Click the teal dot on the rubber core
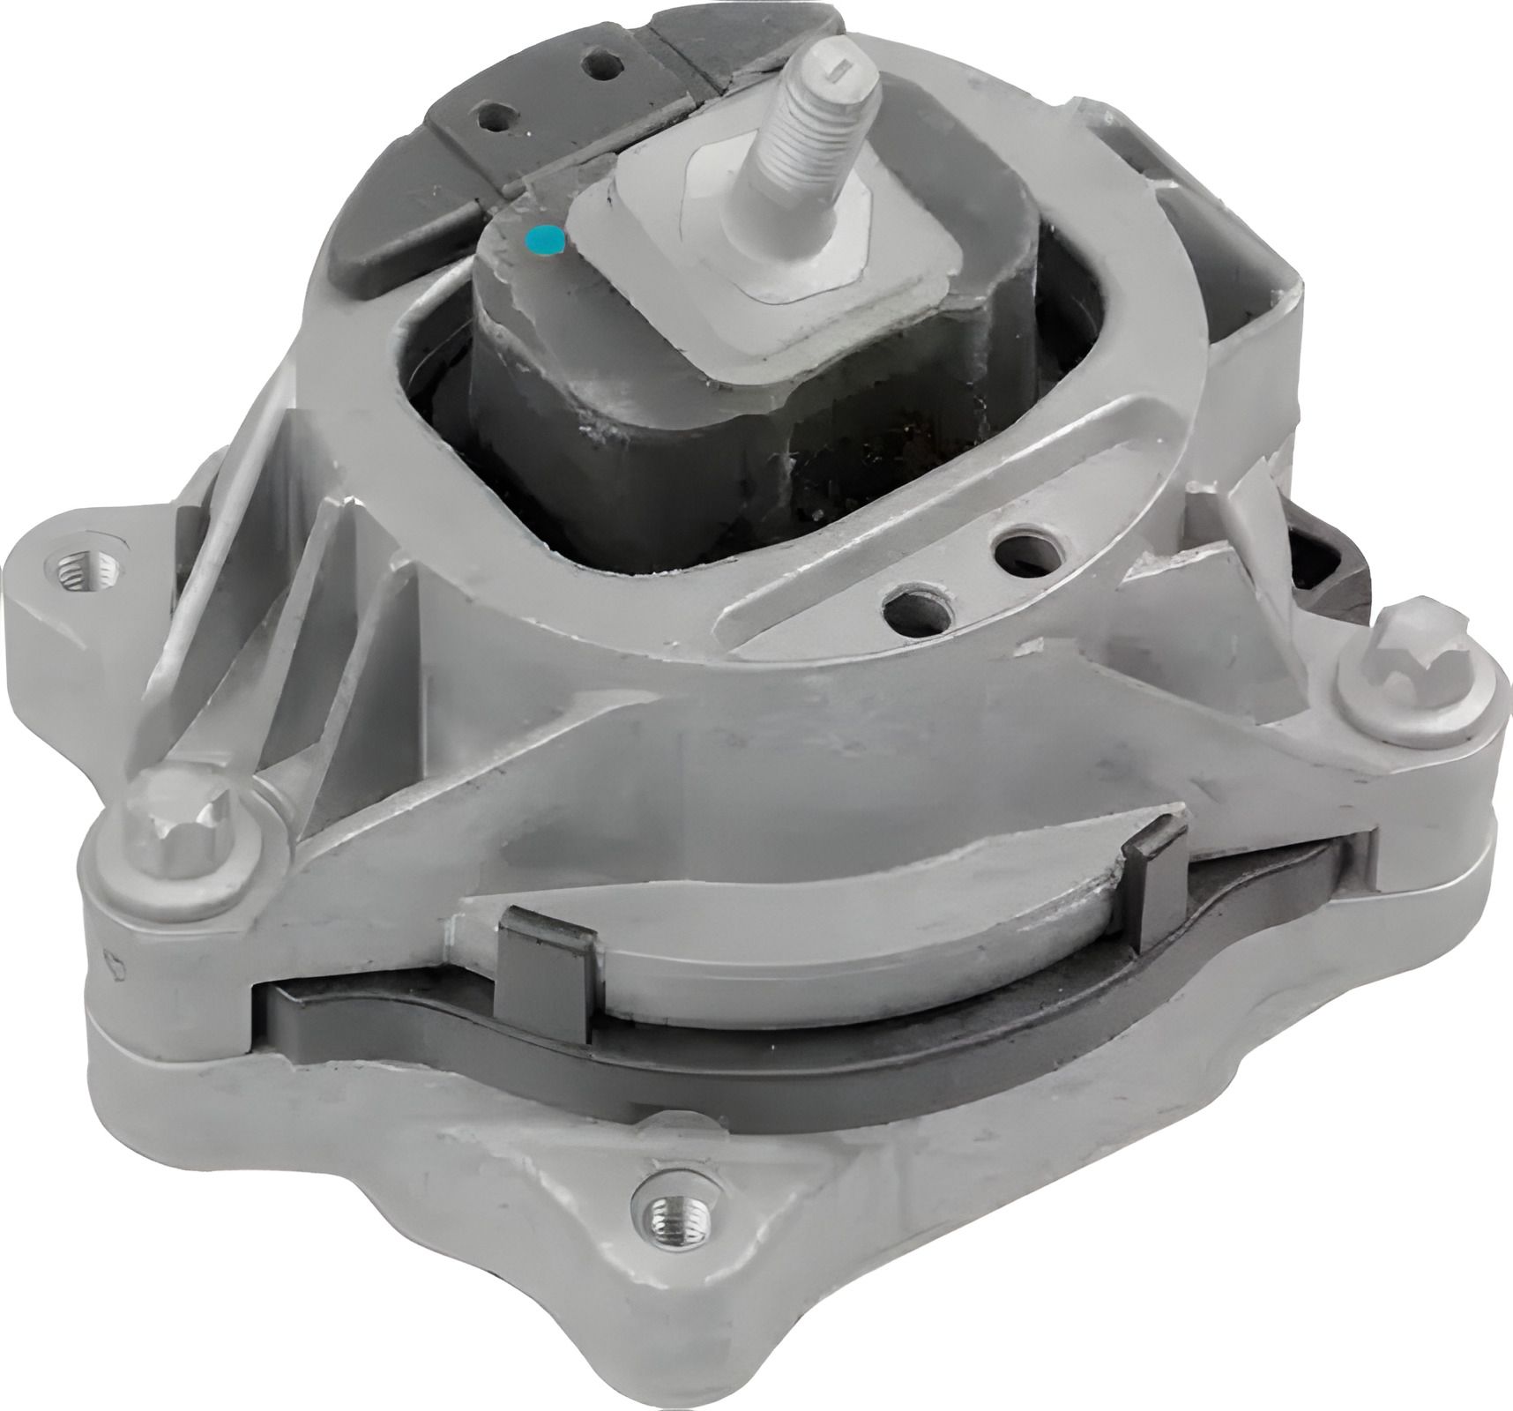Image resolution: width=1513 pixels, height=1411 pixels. click(x=541, y=239)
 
